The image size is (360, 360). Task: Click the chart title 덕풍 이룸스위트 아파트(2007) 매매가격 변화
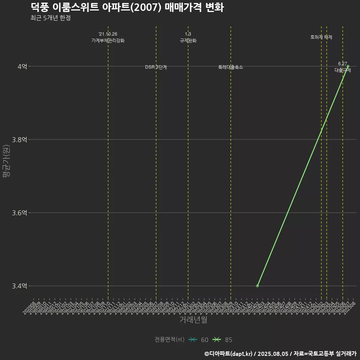127,7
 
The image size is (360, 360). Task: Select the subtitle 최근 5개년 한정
50,18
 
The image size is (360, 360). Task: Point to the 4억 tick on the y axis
22,66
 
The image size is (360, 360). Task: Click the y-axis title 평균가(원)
6,161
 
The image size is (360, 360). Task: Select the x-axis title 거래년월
193,320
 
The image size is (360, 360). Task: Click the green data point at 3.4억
257,286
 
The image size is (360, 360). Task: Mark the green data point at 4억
348,66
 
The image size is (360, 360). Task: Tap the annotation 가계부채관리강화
108,40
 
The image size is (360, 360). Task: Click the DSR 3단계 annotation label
156,67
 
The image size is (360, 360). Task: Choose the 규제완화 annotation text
188,40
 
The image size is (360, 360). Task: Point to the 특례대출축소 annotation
231,67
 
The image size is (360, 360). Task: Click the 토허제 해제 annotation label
321,37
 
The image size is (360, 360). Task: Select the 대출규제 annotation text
343,70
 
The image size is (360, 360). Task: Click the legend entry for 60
199,340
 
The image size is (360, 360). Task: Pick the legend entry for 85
223,340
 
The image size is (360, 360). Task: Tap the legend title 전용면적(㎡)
169,340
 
